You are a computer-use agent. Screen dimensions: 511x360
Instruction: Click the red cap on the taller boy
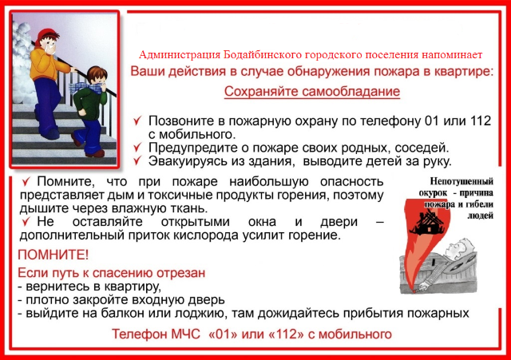48,34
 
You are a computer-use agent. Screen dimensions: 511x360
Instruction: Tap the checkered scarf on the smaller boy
85,87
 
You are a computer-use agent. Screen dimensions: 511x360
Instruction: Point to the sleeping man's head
460,247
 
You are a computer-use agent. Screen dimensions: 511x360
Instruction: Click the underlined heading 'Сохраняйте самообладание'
312,92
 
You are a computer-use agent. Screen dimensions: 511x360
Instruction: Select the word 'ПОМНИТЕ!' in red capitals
53,255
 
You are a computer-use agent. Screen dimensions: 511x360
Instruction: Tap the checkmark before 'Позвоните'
137,121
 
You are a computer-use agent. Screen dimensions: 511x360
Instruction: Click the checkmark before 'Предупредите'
137,147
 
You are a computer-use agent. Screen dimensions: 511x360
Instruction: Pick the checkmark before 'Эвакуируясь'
137,160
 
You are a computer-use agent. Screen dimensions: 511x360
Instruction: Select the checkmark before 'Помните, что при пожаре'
26,181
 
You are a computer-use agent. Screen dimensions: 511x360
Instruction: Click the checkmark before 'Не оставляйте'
26,222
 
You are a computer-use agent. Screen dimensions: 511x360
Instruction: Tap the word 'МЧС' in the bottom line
184,334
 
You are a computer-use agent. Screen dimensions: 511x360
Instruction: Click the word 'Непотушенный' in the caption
461,181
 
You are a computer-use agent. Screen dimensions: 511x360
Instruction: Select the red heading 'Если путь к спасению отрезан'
112,273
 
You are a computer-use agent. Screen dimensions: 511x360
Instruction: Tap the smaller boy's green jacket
87,104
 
